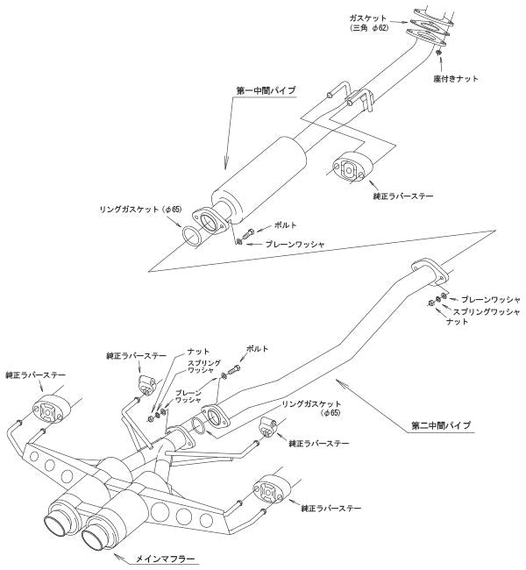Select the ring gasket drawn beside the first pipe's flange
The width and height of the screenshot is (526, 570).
195,237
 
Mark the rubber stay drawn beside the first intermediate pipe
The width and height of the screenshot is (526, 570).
348,168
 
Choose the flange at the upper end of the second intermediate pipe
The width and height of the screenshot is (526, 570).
427,272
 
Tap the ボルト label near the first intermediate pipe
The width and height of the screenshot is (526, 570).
283,226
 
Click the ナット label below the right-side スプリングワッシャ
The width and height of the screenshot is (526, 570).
458,322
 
